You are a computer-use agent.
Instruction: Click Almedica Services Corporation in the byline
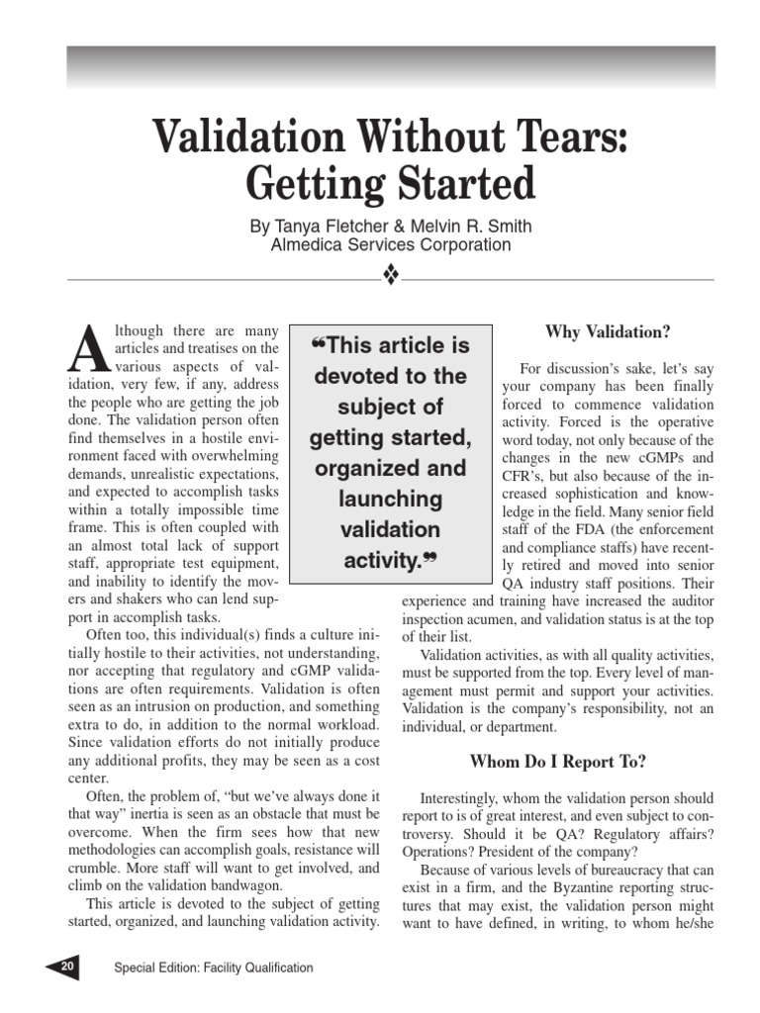tap(391, 245)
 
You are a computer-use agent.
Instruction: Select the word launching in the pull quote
tap(390, 499)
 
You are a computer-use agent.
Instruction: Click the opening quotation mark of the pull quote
tap(317, 344)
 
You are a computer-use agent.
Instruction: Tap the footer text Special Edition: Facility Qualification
tap(214, 967)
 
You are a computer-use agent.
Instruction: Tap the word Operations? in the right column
tap(441, 851)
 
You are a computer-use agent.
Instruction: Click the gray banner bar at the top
tap(391, 67)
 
